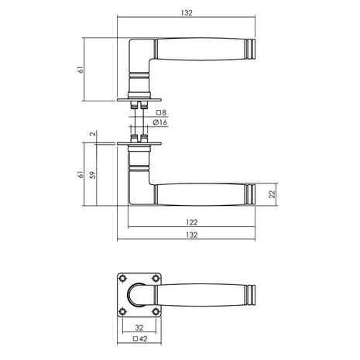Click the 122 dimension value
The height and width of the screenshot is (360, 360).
coord(191,222)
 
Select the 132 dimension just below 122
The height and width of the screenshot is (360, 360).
coord(191,235)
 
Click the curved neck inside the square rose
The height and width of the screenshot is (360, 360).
coord(136,295)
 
